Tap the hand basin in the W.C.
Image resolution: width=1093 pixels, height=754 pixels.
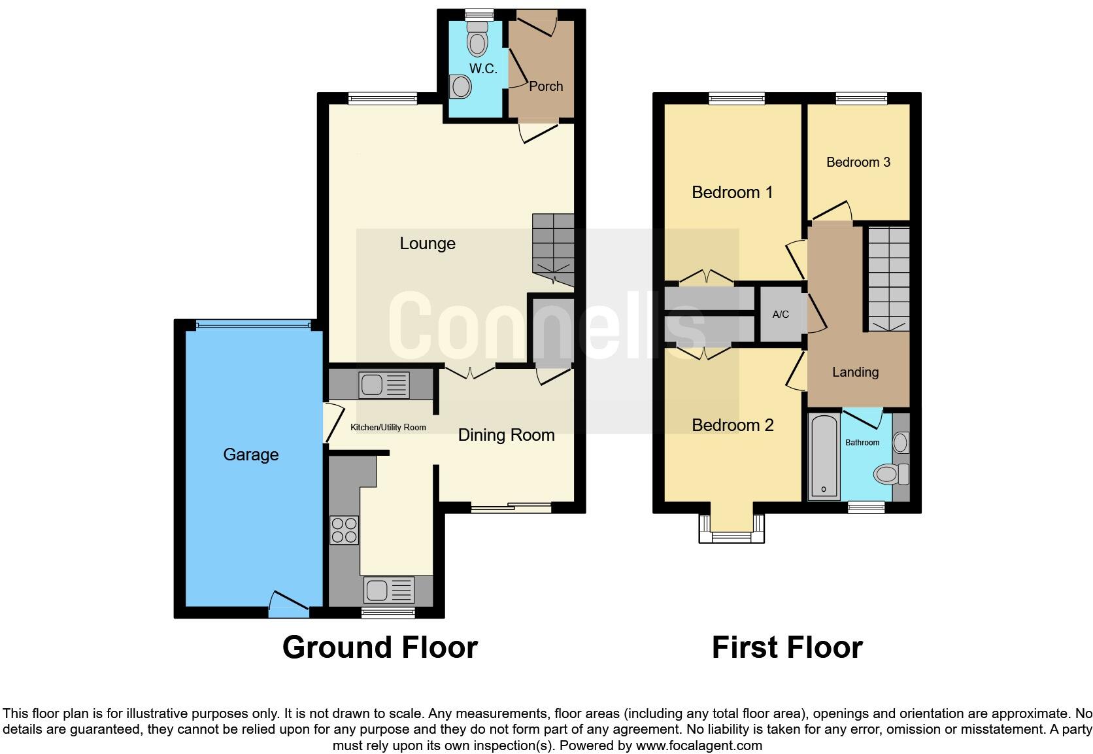[460, 86]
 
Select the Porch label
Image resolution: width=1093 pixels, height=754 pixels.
[546, 86]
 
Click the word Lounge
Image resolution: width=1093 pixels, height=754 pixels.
[428, 244]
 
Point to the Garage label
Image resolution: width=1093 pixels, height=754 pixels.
[250, 454]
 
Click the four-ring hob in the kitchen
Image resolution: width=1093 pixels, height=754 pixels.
[344, 530]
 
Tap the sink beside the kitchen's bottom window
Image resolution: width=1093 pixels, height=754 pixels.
[389, 591]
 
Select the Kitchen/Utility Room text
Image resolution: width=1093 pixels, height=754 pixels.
[388, 428]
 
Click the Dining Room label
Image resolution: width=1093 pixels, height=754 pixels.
[506, 435]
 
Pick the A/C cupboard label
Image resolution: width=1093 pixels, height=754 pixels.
[781, 315]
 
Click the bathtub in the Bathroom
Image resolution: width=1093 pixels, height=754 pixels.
[824, 456]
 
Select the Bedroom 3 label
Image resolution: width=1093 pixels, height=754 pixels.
[858, 162]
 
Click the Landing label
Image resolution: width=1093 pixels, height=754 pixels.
[855, 372]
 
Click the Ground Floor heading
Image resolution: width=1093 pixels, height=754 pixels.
[380, 647]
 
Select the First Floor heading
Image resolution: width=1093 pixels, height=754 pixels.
[786, 647]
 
